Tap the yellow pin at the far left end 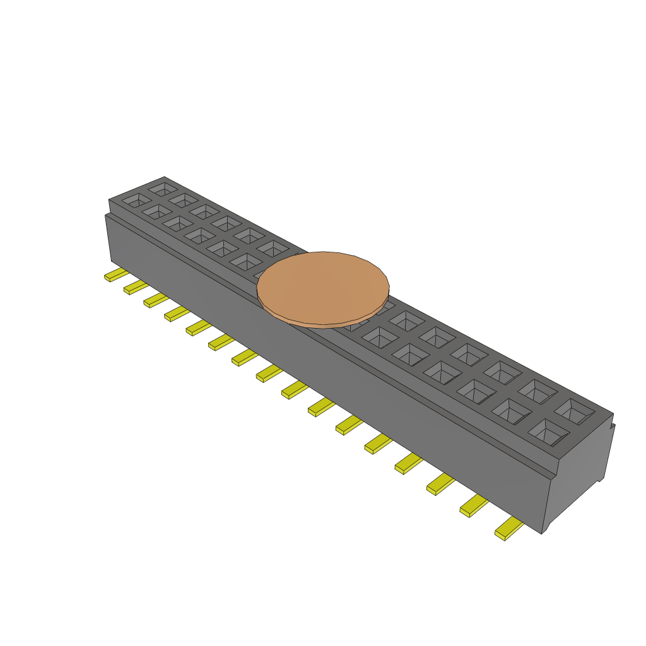[115, 275]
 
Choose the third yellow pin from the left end [155, 300]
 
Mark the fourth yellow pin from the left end [176, 313]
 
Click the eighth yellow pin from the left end [268, 373]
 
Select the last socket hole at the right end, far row [574, 412]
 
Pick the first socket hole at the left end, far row [163, 188]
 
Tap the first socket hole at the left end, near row [136, 201]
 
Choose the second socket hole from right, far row [537, 392]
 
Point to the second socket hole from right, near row [510, 411]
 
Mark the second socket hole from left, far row [184, 200]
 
